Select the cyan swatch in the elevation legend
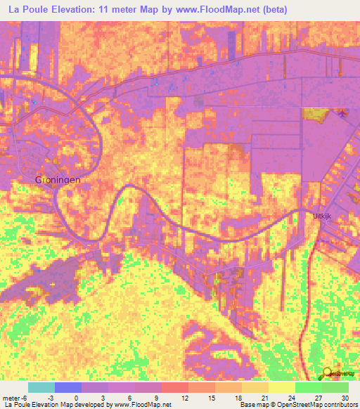pos(41,387)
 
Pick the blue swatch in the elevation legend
pos(67,387)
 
